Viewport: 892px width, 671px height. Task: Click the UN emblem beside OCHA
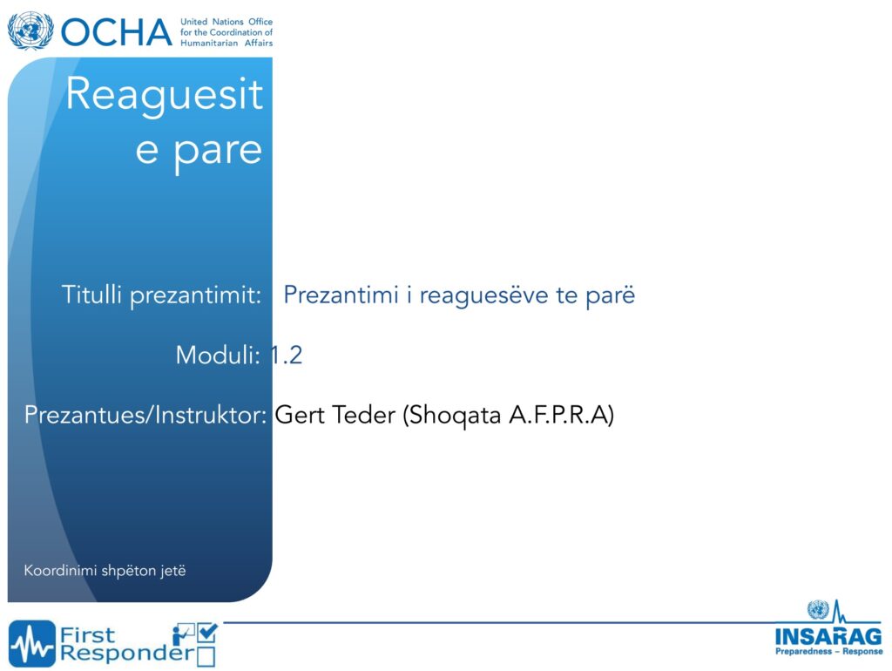pyautogui.click(x=30, y=30)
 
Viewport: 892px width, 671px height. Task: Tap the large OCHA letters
pyautogui.click(x=117, y=32)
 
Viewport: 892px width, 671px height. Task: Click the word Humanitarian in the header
pyautogui.click(x=209, y=44)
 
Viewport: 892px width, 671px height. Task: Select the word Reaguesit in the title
pyautogui.click(x=165, y=93)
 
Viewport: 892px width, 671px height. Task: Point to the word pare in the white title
pyautogui.click(x=218, y=152)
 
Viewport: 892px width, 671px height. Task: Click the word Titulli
pyautogui.click(x=91, y=295)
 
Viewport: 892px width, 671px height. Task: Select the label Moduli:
pyautogui.click(x=219, y=356)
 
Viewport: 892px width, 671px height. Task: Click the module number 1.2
pyautogui.click(x=286, y=356)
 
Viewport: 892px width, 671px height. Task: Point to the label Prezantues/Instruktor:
pyautogui.click(x=145, y=415)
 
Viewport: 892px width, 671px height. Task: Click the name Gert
pyautogui.click(x=301, y=414)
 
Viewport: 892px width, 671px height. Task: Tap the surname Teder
pyautogui.click(x=364, y=414)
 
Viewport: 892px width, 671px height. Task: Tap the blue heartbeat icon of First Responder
pyautogui.click(x=32, y=644)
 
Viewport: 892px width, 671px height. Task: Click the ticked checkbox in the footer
pyautogui.click(x=207, y=634)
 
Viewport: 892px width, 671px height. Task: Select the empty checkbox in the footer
pyautogui.click(x=206, y=656)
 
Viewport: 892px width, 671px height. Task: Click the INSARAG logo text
pyautogui.click(x=829, y=636)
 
